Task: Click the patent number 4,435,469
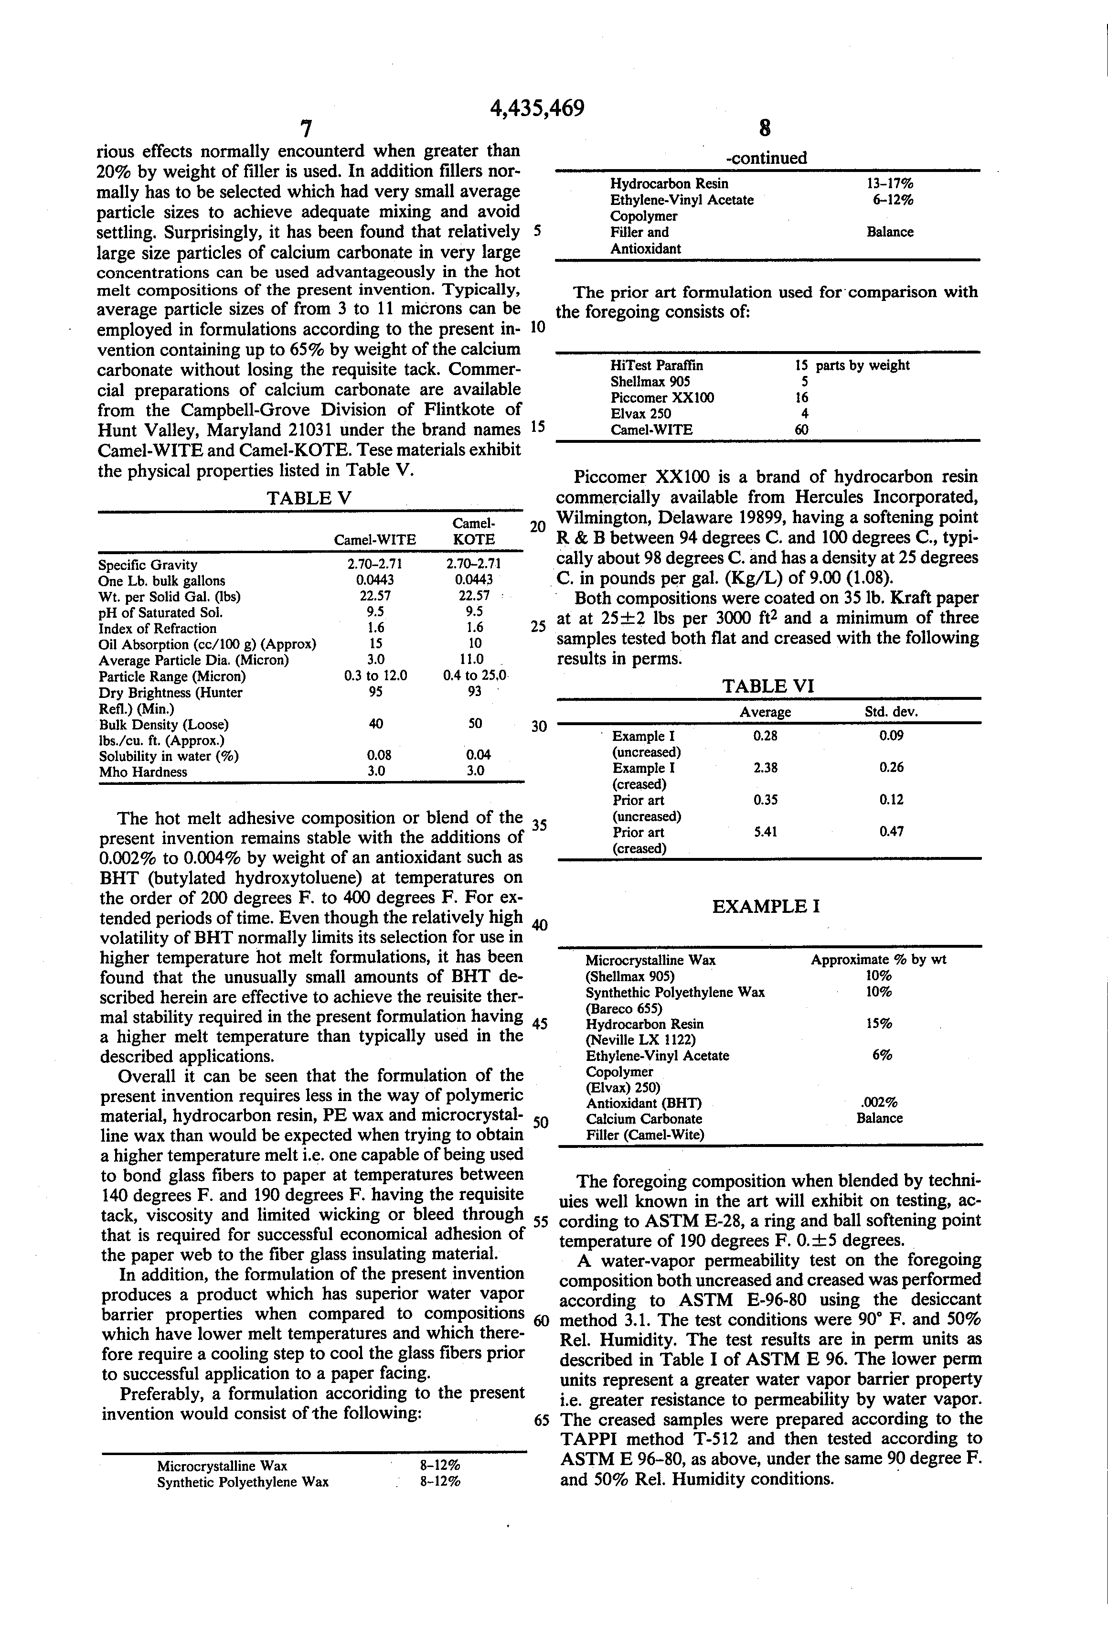[536, 108]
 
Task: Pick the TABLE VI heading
[767, 686]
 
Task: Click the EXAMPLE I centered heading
[766, 907]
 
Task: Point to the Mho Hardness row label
[143, 772]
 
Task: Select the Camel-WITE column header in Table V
[375, 539]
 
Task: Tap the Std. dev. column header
[891, 712]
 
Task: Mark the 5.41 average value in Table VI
[766, 832]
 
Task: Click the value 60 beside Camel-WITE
[801, 429]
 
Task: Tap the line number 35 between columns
[538, 825]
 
